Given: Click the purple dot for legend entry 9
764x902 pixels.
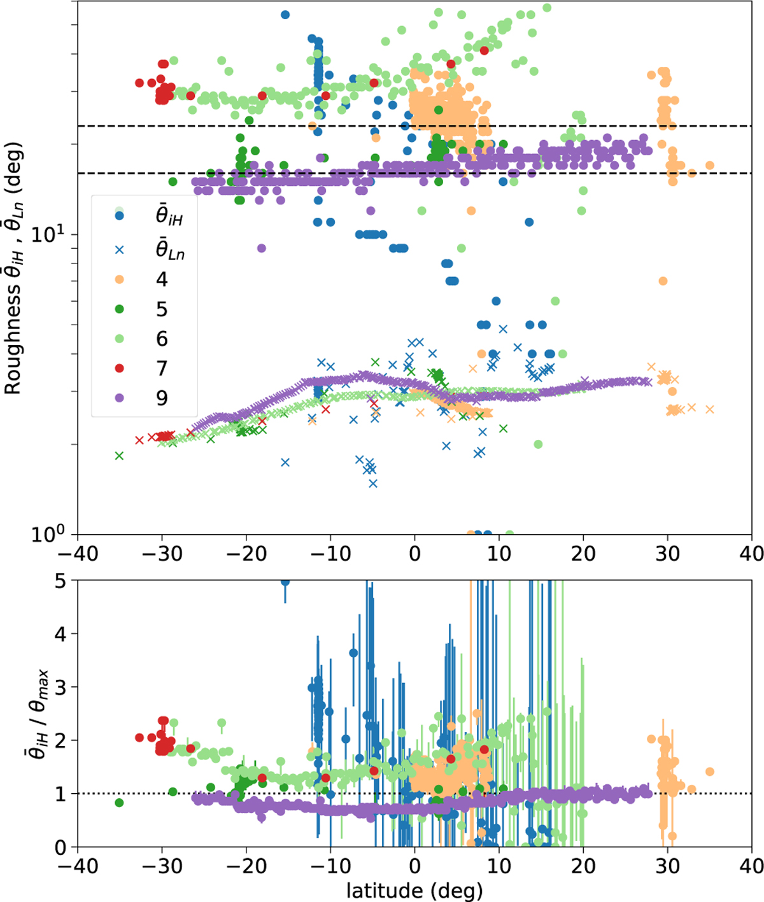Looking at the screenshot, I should pos(119,398).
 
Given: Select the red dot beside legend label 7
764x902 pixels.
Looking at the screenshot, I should pos(119,368).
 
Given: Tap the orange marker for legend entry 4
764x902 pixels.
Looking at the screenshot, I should pos(119,279).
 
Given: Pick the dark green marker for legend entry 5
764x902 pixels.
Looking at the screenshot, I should pos(119,309).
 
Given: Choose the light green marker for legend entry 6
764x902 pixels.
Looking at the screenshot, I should pos(119,339).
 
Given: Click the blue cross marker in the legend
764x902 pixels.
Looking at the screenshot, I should pos(119,250).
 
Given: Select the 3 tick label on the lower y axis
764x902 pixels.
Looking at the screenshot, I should pos(61,687).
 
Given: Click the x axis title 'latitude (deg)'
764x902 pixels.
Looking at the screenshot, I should pos(414,890).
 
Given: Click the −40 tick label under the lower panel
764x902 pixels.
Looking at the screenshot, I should pos(78,866).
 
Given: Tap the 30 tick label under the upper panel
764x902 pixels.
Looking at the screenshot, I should pos(667,553).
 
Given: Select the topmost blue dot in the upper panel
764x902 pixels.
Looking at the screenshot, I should pos(285,15).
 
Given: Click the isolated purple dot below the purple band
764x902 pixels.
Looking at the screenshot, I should pos(261,248).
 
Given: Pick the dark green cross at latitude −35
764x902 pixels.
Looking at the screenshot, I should pos(119,456).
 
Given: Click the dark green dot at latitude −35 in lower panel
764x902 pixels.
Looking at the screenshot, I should pos(119,802).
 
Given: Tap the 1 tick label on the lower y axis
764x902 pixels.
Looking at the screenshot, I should pos(61,794).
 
